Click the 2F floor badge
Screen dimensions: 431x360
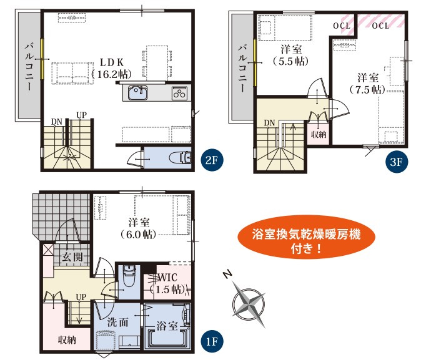click(212, 160)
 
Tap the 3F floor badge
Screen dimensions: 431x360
click(397, 162)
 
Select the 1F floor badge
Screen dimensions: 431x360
click(212, 342)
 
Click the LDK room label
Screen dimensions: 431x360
click(112, 62)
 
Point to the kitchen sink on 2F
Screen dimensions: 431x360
click(137, 93)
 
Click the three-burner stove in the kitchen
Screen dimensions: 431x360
click(179, 93)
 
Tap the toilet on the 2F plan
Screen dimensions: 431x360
click(181, 158)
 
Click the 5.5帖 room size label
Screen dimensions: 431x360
click(291, 61)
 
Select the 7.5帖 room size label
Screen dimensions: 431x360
click(368, 89)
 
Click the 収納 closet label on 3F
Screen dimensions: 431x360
click(319, 134)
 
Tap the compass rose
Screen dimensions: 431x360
click(249, 304)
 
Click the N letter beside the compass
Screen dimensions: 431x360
click(227, 274)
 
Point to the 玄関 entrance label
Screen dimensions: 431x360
click(72, 257)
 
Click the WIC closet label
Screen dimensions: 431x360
click(167, 278)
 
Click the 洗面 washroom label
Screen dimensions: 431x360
click(117, 322)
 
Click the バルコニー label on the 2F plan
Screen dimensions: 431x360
click(29, 67)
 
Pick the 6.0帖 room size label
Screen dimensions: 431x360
click(139, 235)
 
